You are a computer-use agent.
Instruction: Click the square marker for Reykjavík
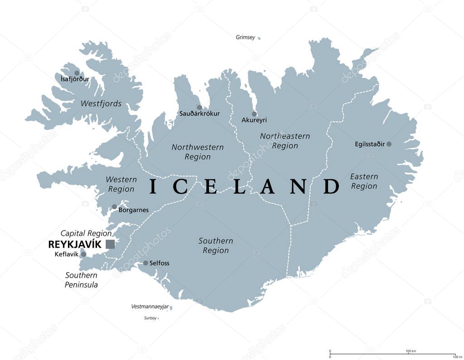[110, 245]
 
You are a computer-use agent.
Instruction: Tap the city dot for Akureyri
[254, 114]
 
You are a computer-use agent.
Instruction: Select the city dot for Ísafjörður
[77, 73]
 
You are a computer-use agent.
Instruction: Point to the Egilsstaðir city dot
[389, 144]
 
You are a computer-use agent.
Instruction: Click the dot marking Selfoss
[145, 263]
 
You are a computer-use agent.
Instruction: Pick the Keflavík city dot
[83, 254]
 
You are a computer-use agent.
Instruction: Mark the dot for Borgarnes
[114, 207]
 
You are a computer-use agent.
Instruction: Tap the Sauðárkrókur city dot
[199, 107]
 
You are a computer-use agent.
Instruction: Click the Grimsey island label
[246, 37]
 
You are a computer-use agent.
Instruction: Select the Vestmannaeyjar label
[150, 307]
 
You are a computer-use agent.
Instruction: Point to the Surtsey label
[150, 318]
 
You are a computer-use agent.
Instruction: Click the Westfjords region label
[101, 104]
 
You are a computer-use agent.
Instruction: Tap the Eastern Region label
[364, 181]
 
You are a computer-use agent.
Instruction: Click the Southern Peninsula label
[82, 280]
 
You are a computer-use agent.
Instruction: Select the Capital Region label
[86, 233]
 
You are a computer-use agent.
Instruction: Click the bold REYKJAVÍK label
[75, 245]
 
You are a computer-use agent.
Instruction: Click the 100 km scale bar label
[411, 351]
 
